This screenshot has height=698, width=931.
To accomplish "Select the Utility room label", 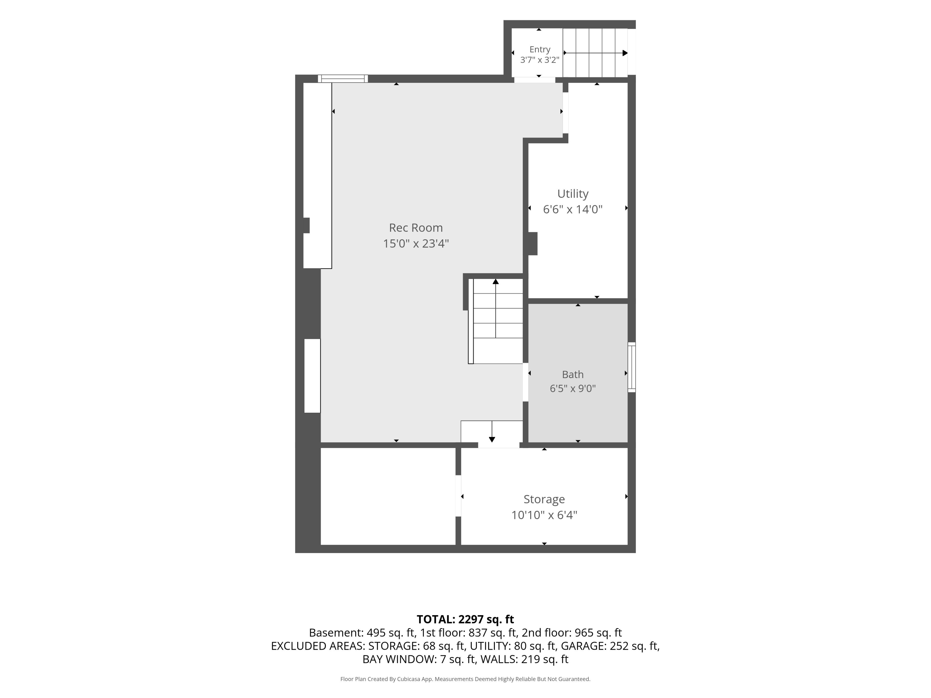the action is point(573,194).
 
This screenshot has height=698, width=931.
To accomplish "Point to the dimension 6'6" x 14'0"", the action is point(573,209).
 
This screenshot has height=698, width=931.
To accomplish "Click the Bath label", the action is point(573,374).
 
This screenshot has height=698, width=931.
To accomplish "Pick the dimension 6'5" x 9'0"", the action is point(573,388).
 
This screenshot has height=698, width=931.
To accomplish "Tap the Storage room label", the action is point(544,500).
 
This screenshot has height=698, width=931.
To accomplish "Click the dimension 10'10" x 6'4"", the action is point(544,515).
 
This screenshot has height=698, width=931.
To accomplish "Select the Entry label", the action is point(540,50).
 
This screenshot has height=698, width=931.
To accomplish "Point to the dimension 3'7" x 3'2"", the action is point(540,60).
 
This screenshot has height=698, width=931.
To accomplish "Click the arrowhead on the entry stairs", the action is point(625,53).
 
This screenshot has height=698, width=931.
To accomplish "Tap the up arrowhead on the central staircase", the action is point(496,281).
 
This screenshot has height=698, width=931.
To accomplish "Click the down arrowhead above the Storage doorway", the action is point(492,440).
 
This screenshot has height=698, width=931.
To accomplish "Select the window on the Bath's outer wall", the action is point(632,367).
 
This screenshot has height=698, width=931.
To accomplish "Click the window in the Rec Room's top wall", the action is point(343,79).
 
